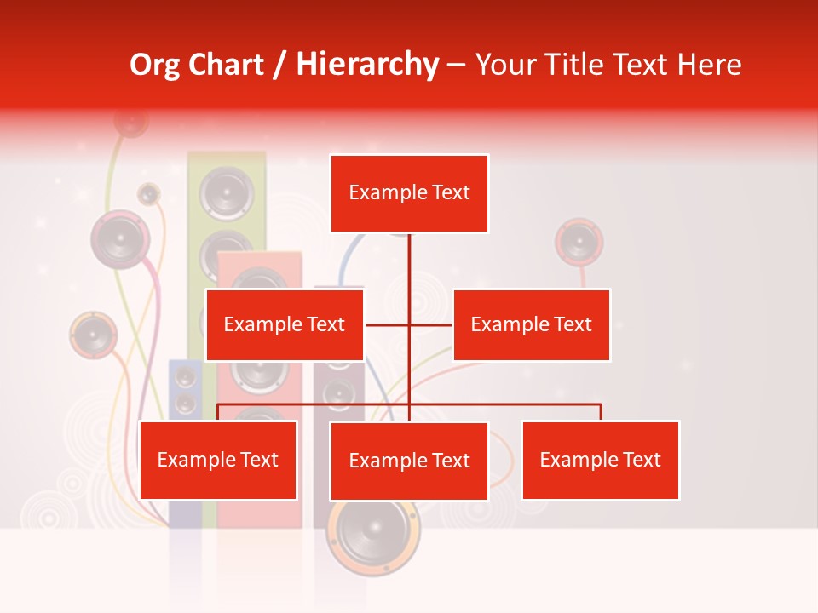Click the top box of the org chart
(x=409, y=193)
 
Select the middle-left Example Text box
(x=285, y=324)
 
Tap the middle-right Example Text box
(x=531, y=324)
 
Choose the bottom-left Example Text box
(x=218, y=460)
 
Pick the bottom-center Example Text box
(x=409, y=461)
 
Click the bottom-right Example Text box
(x=600, y=460)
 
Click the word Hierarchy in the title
(x=367, y=64)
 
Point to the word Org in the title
(x=154, y=64)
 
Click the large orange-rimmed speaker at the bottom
(x=374, y=533)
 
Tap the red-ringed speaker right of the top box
(x=579, y=242)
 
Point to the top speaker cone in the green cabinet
(x=227, y=192)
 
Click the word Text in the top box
(x=450, y=193)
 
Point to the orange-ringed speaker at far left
(x=93, y=335)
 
